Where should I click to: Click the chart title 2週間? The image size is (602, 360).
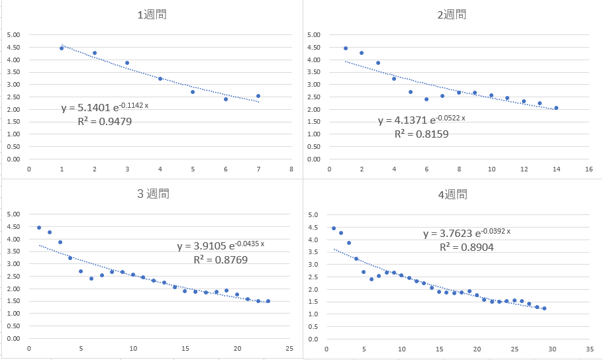(x=453, y=14)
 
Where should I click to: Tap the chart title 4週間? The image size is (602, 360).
(x=453, y=194)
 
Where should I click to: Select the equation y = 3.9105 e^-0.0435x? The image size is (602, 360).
(x=221, y=246)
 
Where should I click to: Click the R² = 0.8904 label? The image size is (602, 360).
(x=467, y=247)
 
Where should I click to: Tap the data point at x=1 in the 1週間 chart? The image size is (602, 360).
(x=62, y=48)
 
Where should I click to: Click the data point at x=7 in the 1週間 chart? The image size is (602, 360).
(x=258, y=96)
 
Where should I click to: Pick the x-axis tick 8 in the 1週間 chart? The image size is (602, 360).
(x=291, y=169)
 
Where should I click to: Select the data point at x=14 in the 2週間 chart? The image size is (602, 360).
(x=556, y=108)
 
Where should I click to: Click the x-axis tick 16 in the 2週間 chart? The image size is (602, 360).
(x=589, y=169)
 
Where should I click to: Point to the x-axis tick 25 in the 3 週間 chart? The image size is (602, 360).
(x=289, y=349)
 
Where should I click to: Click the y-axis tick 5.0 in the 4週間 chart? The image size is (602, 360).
(x=315, y=215)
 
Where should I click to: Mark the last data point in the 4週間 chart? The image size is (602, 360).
(x=544, y=308)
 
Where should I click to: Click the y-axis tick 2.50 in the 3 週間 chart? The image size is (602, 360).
(x=13, y=276)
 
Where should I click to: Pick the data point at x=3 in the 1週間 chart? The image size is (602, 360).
(x=127, y=63)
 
